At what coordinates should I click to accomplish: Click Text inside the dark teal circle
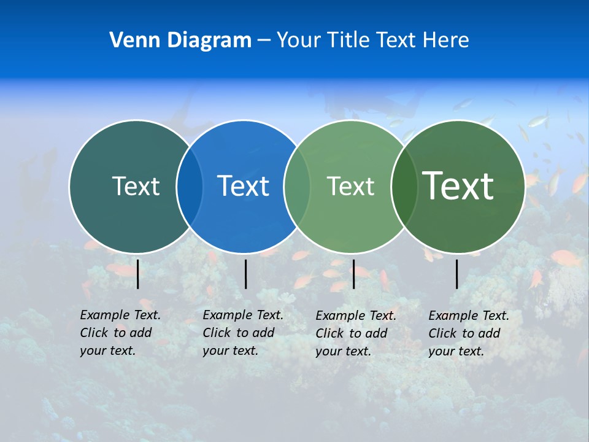(136, 186)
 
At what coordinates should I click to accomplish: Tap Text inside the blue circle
(243, 186)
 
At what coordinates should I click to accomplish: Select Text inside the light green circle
(350, 186)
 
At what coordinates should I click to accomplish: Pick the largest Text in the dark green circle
(458, 185)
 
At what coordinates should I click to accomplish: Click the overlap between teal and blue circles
(190, 187)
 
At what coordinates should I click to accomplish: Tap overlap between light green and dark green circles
(403, 187)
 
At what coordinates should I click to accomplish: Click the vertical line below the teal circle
(138, 274)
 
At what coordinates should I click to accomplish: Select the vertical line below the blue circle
(245, 274)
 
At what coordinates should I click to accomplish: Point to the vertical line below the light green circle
(353, 274)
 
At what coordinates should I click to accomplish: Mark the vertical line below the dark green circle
(457, 274)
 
